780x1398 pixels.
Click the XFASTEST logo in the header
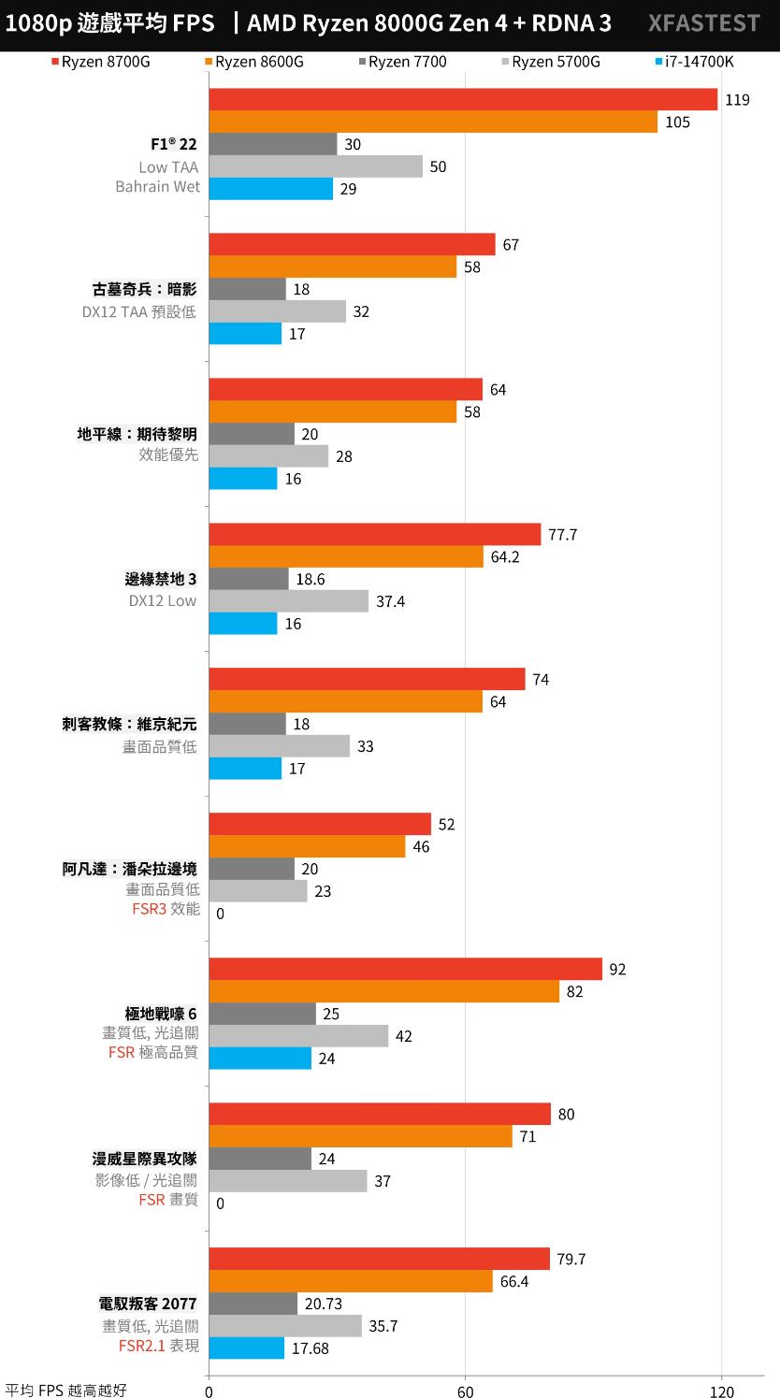[703, 23]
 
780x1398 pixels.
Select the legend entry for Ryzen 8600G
[259, 63]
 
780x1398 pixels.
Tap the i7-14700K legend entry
[699, 63]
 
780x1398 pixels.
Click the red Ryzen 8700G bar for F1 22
[462, 99]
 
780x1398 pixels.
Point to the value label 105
[677, 123]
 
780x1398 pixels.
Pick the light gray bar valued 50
[315, 166]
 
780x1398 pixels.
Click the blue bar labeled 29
[270, 189]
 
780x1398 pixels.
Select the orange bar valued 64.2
[345, 556]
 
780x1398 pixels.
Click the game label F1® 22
[174, 144]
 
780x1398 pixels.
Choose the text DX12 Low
[163, 601]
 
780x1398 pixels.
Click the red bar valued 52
[319, 824]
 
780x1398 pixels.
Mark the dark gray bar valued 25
[262, 1014]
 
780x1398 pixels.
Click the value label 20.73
[325, 1304]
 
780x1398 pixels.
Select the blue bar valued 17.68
[246, 1348]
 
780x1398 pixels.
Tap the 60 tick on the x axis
[465, 1391]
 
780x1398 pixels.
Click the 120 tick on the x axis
[721, 1391]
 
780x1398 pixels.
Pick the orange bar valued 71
[360, 1136]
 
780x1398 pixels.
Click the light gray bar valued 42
[297, 1036]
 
